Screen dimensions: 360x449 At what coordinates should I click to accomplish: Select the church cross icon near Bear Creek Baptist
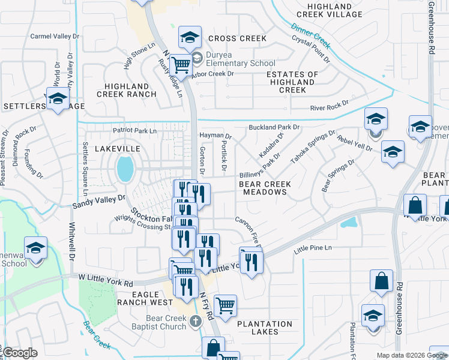(x=194, y=322)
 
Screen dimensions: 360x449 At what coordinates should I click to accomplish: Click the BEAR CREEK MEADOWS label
(x=265, y=188)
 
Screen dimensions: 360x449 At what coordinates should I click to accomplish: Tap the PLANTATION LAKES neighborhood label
(x=265, y=328)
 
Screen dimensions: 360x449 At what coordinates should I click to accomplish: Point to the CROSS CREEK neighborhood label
(x=237, y=38)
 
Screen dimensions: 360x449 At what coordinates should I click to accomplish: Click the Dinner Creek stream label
(x=310, y=35)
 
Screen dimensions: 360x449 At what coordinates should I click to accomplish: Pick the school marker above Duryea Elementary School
(x=190, y=37)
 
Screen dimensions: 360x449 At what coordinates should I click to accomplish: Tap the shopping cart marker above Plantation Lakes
(x=225, y=305)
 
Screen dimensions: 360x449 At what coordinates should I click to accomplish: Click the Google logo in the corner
(x=20, y=353)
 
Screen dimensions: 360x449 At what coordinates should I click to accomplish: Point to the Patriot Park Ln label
(x=134, y=131)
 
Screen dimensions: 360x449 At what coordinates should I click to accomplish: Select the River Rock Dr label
(x=329, y=108)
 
